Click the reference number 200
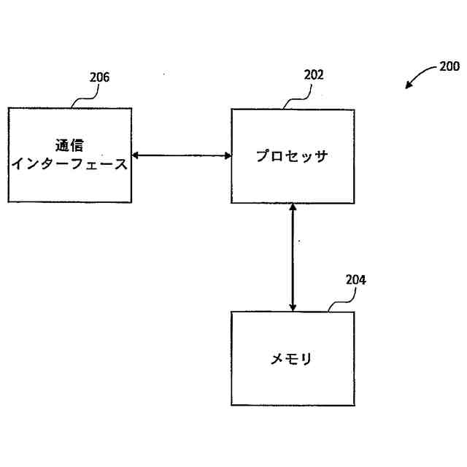click(x=449, y=66)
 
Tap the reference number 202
click(x=313, y=75)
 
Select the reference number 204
click(x=355, y=279)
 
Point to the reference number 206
click(x=99, y=77)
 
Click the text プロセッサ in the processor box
click(x=292, y=156)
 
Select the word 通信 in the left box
click(x=69, y=145)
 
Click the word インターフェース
click(x=70, y=164)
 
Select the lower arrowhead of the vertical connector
click(x=293, y=307)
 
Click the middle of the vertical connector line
click(x=293, y=258)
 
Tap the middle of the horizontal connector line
click(x=182, y=155)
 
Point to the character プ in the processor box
click(x=263, y=156)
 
